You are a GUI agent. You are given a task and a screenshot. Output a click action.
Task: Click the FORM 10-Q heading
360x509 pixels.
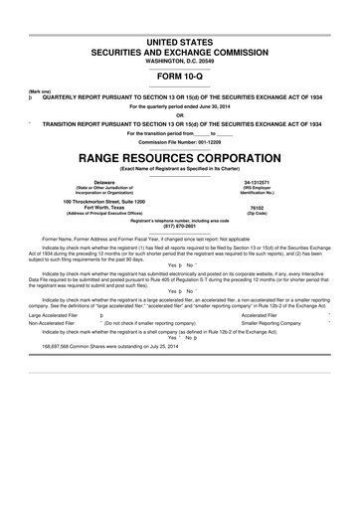pos(180,73)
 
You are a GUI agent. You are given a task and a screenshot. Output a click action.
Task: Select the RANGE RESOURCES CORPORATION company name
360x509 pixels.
pos(180,158)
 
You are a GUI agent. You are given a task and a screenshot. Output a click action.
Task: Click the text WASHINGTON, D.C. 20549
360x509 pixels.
pos(180,58)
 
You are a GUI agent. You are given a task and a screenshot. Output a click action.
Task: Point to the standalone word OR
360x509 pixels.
pos(180,112)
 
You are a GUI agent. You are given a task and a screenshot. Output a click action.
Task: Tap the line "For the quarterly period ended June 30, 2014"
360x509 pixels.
pos(180,104)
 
